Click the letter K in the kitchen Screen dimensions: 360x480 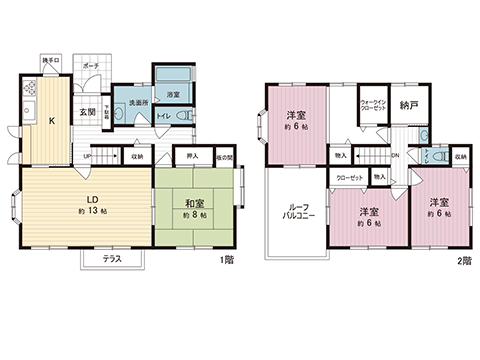(49, 122)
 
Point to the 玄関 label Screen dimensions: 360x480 (86, 112)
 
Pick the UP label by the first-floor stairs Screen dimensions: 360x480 (88, 157)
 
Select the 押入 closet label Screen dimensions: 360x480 (193, 157)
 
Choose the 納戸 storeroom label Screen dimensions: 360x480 (406, 104)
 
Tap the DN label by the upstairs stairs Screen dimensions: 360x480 (396, 156)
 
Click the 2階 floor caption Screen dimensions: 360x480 (461, 261)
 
